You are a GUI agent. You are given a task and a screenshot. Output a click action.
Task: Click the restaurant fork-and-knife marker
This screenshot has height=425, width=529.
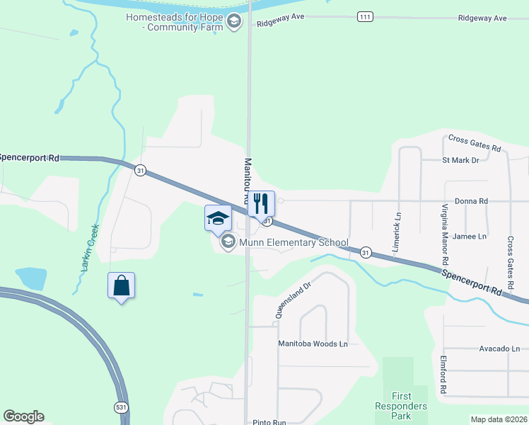coord(261,203)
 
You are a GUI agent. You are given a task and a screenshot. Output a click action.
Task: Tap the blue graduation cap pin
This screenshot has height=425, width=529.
coord(218,219)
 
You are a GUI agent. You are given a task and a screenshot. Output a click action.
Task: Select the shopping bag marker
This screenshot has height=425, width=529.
coord(121,286)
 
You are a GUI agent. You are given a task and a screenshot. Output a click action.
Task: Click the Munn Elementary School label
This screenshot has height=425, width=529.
coord(293,243)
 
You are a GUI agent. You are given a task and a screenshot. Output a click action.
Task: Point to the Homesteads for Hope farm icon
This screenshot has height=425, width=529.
coord(235,22)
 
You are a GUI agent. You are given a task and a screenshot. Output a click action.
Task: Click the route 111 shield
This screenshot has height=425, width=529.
coord(365,17)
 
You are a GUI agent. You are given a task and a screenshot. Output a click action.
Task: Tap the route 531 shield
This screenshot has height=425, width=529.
coord(121,407)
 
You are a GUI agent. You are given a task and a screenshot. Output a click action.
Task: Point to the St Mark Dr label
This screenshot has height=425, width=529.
coord(460,161)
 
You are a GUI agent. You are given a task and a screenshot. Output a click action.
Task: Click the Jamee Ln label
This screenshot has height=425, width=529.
coord(470,236)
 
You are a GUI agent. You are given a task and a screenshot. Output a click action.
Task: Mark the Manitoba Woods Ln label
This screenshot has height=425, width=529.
coord(312,344)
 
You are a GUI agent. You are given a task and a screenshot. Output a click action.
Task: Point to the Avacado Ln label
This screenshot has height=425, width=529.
coord(499,348)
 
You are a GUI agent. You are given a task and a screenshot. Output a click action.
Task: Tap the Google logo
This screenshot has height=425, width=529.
coord(24,416)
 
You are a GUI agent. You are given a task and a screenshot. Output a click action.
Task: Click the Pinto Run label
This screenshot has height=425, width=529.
coord(269,422)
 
